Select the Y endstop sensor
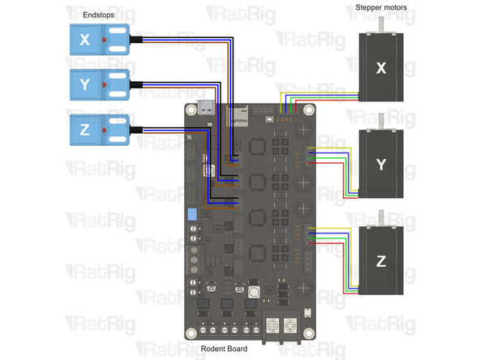point(96,84)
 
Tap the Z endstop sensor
point(96,128)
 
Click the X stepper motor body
point(381,69)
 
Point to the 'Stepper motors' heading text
point(381,7)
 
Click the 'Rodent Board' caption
point(226,350)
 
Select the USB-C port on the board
point(208,110)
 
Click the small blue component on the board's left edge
point(192,216)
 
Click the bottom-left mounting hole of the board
point(191,332)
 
